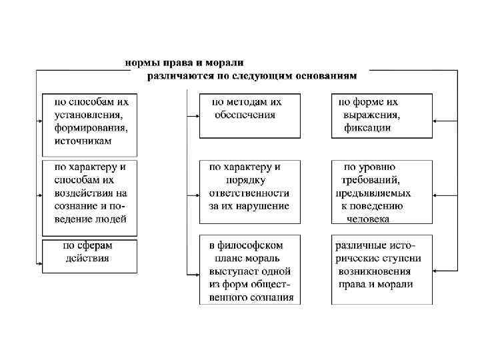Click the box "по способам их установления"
tap(90, 124)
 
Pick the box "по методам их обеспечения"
tap(250, 115)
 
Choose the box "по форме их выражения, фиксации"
tap(381, 115)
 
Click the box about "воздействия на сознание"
tap(90, 197)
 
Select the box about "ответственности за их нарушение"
tap(250, 191)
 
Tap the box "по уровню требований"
tap(381, 191)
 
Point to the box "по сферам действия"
tap(90, 256)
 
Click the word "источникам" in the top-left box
tap(83, 141)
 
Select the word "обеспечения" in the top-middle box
tap(245, 115)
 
